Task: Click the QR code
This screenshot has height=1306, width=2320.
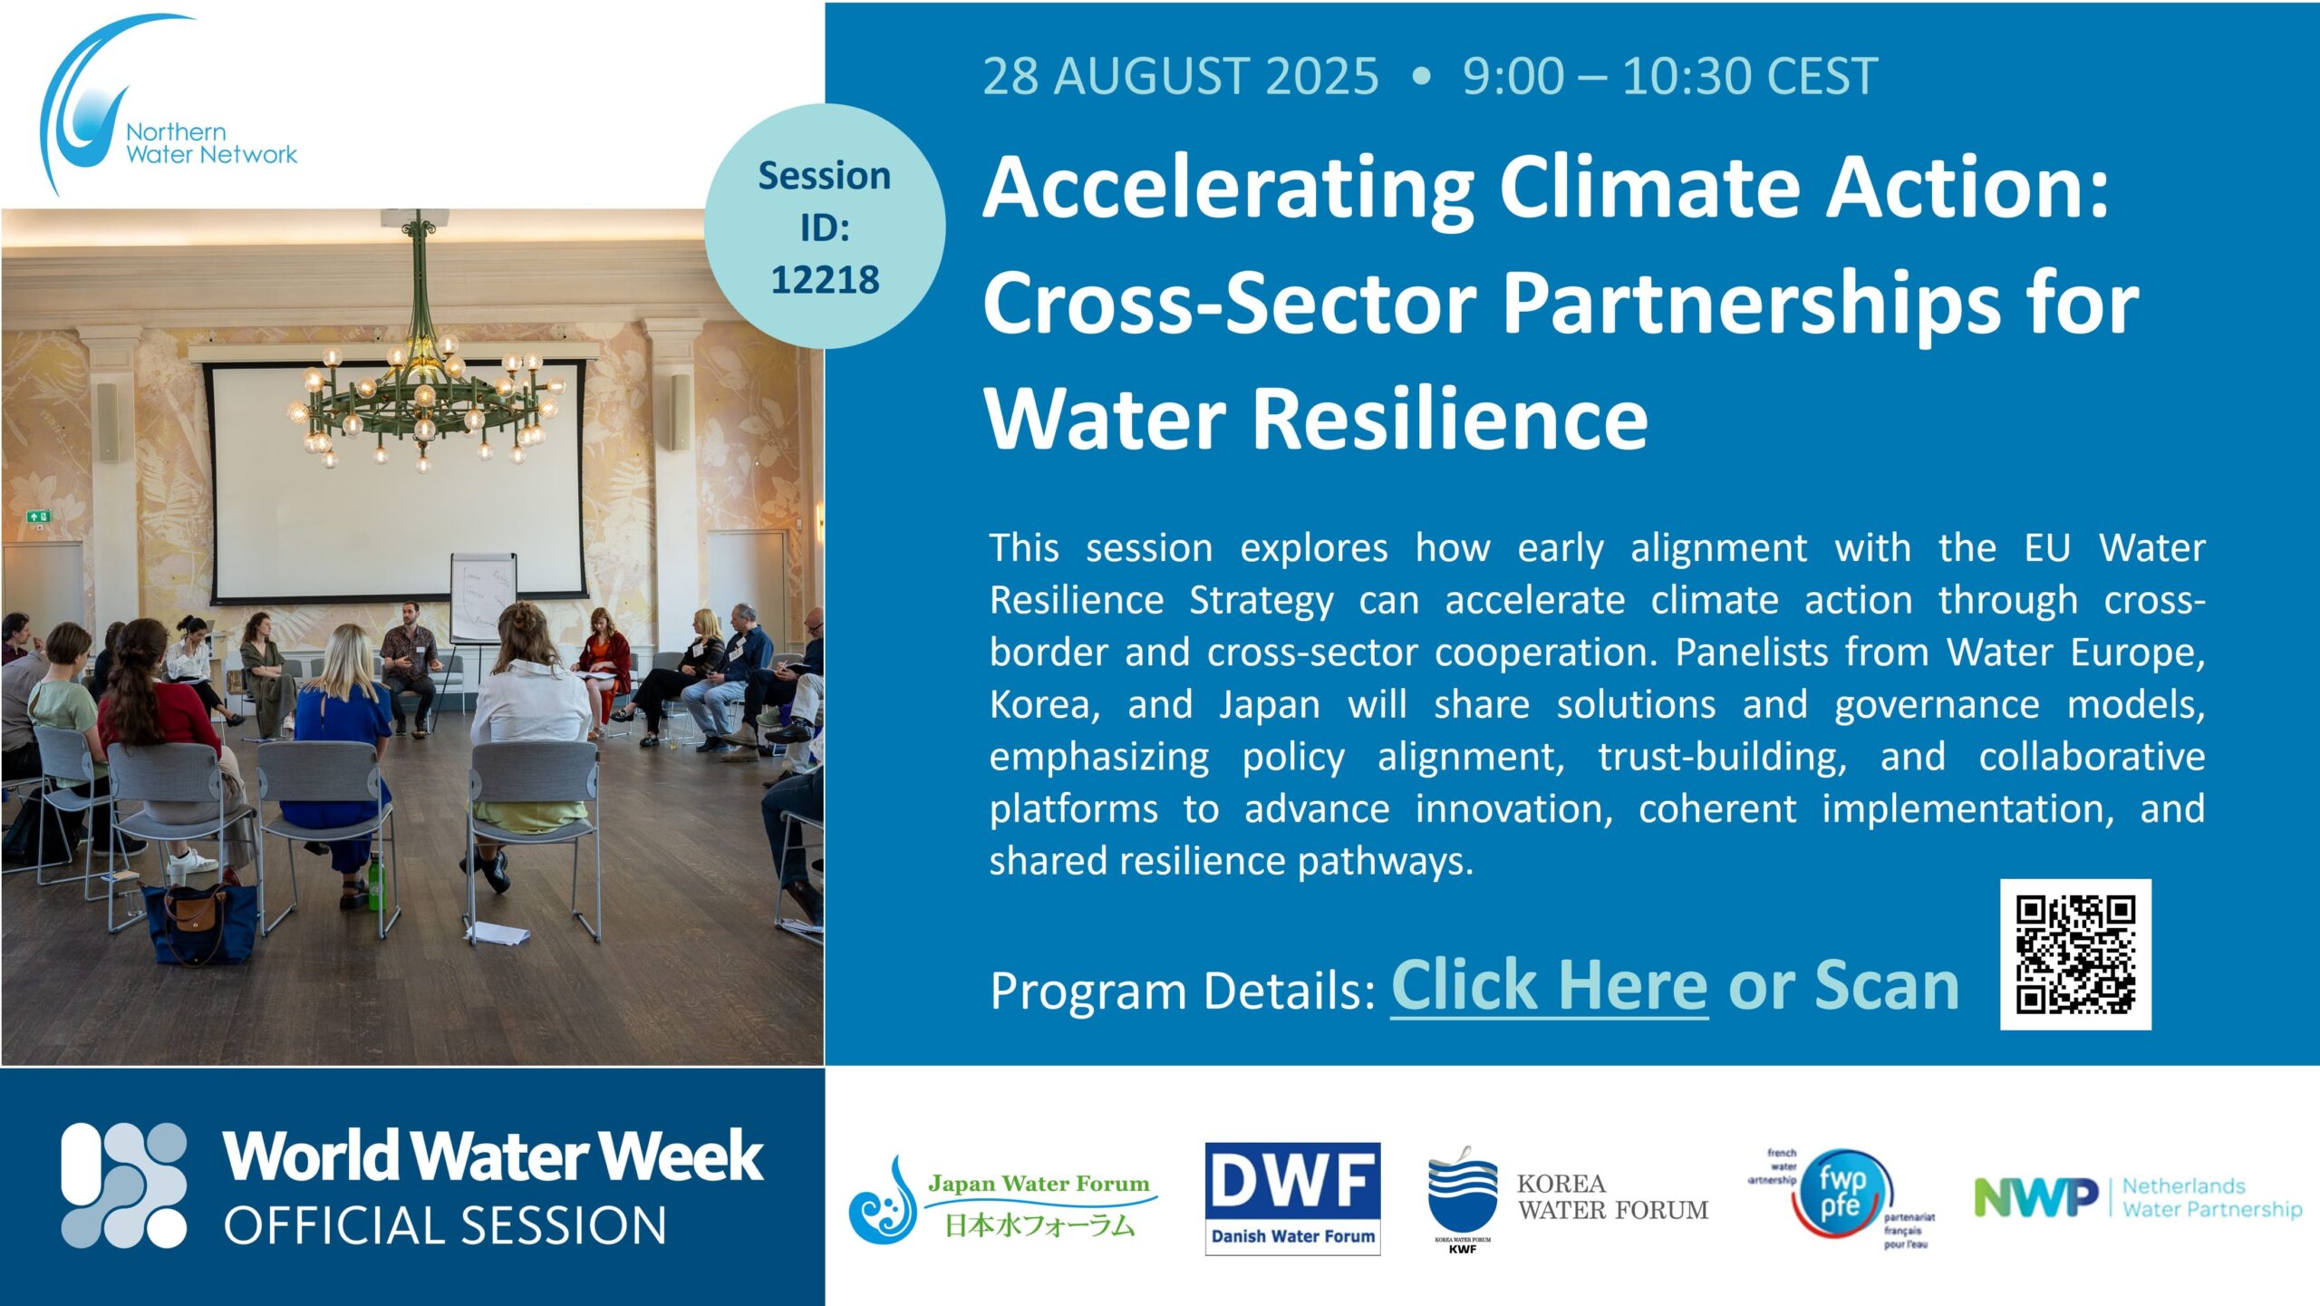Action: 2075,954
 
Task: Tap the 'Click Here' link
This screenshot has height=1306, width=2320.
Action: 1550,986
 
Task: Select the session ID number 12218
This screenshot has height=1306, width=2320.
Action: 825,280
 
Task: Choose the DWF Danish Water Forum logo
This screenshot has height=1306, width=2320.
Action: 1292,1198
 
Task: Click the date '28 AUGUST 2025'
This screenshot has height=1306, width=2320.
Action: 1181,76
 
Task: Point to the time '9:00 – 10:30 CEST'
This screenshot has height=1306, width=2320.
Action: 1669,76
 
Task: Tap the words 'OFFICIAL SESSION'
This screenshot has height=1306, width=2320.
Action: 445,1226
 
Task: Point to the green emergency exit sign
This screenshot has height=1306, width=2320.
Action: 39,517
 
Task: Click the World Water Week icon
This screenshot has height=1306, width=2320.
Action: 124,1185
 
